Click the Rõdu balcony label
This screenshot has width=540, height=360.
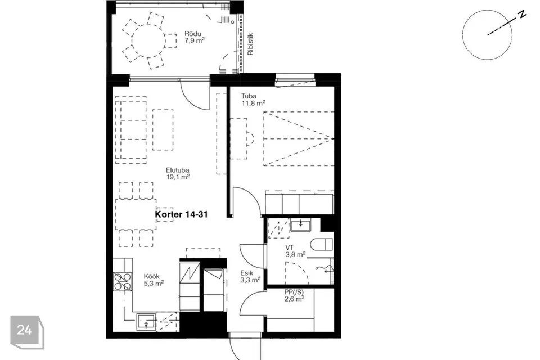coord(191,34)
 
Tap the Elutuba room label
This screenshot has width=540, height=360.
coord(178,170)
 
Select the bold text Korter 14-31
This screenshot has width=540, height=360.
coord(182,214)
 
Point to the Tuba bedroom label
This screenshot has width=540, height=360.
coord(249,96)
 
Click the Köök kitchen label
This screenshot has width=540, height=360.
coord(151,276)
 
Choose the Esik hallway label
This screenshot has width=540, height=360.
coord(247,273)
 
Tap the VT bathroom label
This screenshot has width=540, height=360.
coord(289,247)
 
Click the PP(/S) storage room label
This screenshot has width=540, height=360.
coord(294,292)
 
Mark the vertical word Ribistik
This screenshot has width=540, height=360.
coord(250,44)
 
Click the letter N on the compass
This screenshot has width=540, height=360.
coord(523,15)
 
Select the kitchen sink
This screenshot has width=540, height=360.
coord(146,322)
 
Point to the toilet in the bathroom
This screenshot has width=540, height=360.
coord(322,245)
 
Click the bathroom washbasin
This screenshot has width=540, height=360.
coord(301,224)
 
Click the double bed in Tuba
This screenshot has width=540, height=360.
coord(299,138)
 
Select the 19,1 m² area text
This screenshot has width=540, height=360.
coord(178,177)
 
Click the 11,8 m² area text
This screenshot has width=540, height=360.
coord(254,103)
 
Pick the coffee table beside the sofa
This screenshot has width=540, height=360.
coord(163,129)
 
